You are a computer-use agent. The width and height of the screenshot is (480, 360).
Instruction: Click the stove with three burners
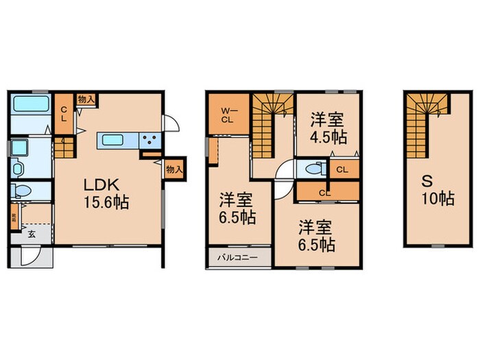[149, 140]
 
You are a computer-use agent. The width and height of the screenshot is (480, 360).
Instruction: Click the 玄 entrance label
[32, 234]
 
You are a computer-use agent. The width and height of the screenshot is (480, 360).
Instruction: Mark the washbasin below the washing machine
[18, 167]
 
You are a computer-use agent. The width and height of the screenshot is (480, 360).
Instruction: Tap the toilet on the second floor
[313, 168]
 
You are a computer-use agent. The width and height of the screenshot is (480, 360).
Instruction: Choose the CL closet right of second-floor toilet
[343, 168]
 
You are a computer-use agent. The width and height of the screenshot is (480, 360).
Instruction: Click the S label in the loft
[426, 181]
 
